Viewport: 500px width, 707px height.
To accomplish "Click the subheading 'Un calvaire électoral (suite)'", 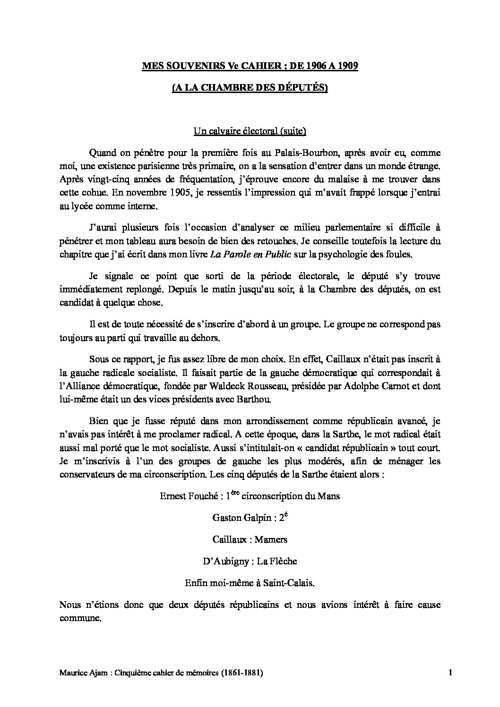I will pos(250,132).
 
